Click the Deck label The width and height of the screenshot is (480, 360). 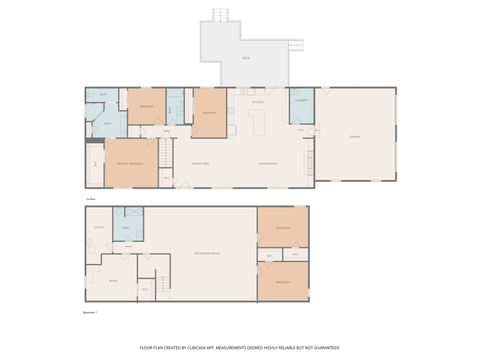tap(245, 59)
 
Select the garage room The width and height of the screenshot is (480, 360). tap(355, 135)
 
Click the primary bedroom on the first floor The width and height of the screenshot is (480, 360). tap(131, 163)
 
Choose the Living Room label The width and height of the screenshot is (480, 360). tap(267, 162)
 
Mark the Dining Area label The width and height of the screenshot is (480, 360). tap(200, 162)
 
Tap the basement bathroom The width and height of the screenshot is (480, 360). tap(127, 227)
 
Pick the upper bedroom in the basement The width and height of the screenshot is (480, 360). tap(282, 227)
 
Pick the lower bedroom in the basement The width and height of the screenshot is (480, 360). tap(282, 281)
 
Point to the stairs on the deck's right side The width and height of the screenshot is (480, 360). tap(296, 45)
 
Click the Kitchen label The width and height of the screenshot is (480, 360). tap(257, 101)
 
